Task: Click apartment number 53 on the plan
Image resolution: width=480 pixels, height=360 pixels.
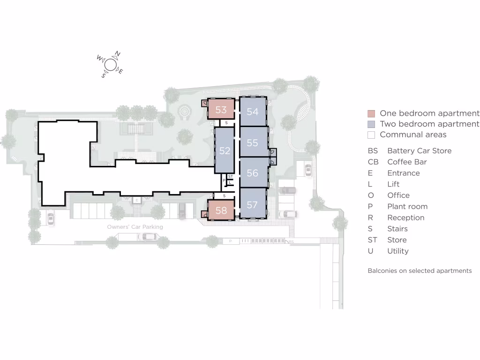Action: point(221,110)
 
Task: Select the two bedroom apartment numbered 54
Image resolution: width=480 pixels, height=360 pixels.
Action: point(253,112)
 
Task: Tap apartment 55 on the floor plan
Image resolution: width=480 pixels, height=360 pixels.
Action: point(253,142)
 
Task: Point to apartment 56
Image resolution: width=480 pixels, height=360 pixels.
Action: point(253,173)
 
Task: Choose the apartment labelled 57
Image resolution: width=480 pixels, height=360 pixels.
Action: point(253,204)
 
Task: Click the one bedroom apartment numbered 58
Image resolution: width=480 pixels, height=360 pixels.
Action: point(221,210)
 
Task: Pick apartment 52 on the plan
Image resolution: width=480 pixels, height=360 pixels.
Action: point(225,150)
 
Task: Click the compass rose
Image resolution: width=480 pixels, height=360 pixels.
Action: point(111,65)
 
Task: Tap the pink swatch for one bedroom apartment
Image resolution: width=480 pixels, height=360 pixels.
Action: point(371,113)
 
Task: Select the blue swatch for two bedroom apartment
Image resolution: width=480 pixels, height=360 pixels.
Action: point(371,124)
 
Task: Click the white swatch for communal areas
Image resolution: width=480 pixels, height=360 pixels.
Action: point(371,135)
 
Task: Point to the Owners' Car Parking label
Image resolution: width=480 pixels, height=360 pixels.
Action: point(135,227)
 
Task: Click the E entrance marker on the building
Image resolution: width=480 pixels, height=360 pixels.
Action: point(136,200)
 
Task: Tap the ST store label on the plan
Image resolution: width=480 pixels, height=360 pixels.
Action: point(230,176)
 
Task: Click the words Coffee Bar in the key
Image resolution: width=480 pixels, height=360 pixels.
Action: point(407,162)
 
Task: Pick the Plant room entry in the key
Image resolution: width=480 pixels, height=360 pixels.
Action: point(407,206)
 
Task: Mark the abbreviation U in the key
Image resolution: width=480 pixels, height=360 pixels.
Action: point(370,251)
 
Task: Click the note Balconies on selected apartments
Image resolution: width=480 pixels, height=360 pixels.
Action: point(420,271)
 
